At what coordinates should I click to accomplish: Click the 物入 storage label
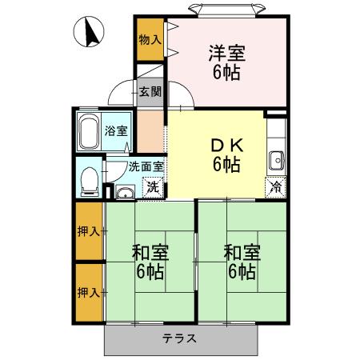coord(150,38)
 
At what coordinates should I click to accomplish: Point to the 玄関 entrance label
coord(150,91)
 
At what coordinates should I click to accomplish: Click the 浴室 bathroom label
coord(117,131)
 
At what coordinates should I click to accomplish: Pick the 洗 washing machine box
coord(151,188)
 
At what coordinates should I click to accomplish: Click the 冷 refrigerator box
coord(275,188)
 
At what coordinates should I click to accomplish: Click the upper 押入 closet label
coord(90,232)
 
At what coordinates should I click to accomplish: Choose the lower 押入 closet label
coord(90,292)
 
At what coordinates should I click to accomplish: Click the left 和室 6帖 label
coord(149,263)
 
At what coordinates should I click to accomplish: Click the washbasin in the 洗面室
coord(124,191)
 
